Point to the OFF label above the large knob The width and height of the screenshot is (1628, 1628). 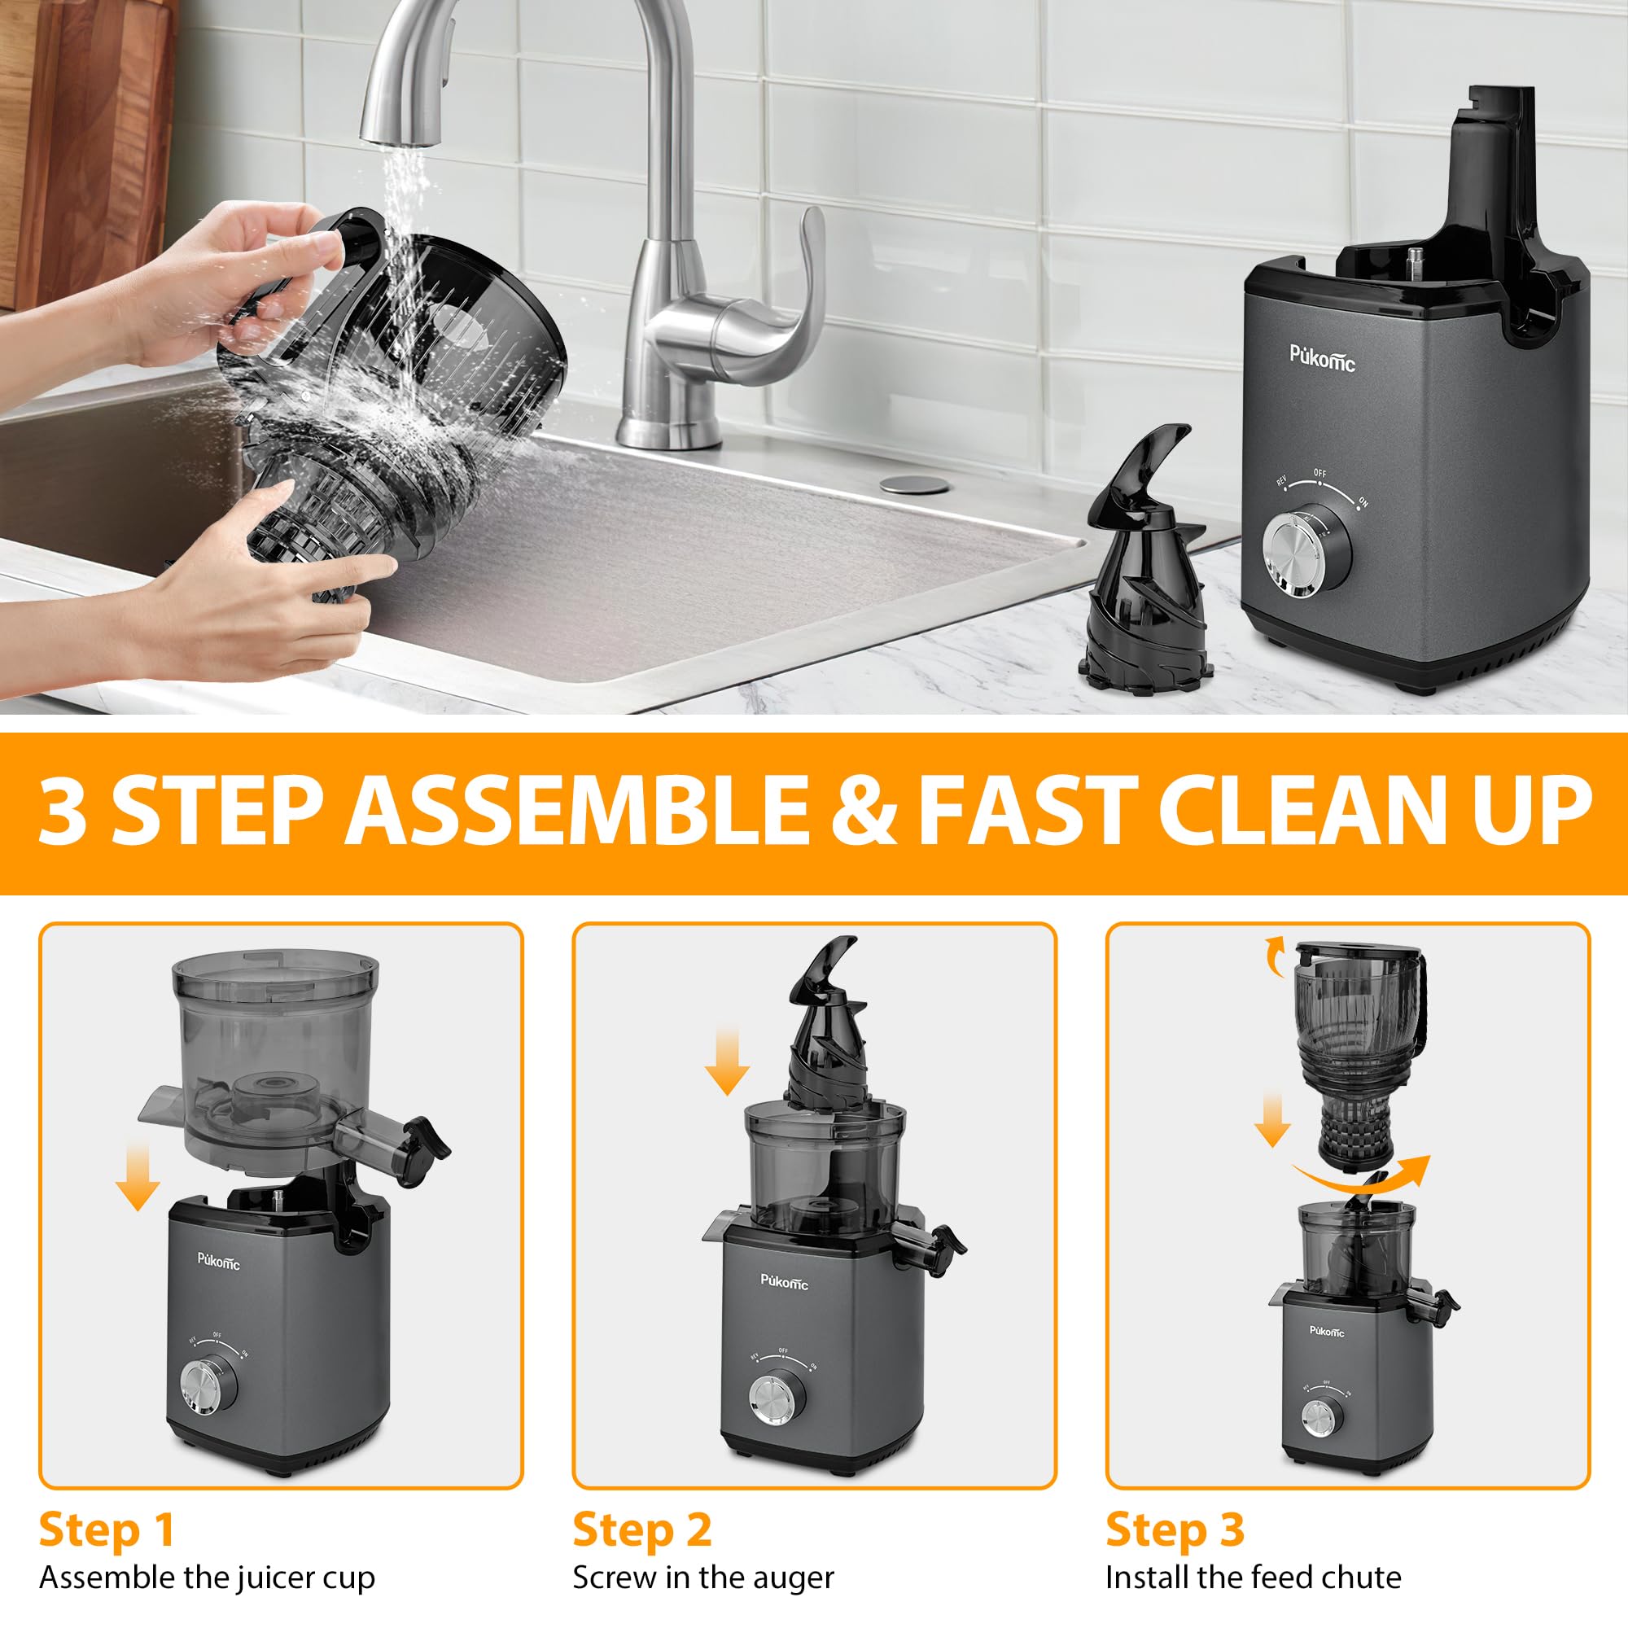[x=1319, y=474]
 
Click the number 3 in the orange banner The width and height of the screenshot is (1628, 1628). [x=64, y=812]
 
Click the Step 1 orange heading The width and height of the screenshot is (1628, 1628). [x=106, y=1530]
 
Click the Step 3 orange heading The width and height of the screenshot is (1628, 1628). [x=1175, y=1530]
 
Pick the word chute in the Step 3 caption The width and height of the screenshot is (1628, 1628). [x=1359, y=1578]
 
